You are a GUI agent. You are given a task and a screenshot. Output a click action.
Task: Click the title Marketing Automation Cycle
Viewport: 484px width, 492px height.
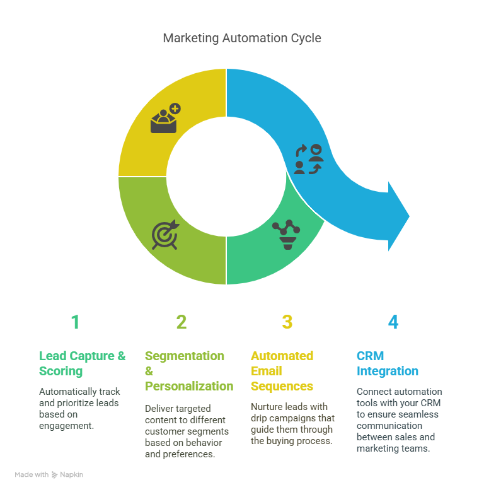[x=242, y=38]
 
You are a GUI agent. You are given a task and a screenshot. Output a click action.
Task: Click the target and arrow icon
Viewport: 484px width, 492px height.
[x=165, y=235]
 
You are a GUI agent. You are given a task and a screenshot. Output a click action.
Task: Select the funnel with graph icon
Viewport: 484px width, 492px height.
[x=286, y=235]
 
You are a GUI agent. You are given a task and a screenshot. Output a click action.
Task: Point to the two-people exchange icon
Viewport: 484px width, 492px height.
[x=309, y=159]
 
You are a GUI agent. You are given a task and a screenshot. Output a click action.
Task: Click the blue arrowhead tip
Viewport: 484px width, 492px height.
[x=409, y=216]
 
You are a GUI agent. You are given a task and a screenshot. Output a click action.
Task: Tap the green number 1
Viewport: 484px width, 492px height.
[x=75, y=322]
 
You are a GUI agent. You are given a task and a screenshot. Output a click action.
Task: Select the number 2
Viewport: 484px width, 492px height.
[x=181, y=322]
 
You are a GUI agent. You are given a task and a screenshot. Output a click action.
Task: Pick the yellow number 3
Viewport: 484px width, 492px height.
[x=287, y=322]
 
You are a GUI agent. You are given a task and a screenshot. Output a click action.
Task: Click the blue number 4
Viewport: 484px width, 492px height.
[x=393, y=322]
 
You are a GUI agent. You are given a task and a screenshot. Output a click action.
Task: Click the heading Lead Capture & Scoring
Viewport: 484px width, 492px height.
[x=82, y=363]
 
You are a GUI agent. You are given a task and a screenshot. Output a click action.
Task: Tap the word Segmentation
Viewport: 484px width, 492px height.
[x=184, y=356]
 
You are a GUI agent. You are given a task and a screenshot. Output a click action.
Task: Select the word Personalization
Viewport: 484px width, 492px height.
[x=189, y=386]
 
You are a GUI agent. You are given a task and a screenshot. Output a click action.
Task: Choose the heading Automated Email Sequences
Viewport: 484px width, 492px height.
[x=282, y=371]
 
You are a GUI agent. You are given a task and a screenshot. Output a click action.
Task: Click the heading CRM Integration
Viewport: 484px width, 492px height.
[x=388, y=363]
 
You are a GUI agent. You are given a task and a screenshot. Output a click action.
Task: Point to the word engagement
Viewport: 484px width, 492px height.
[x=66, y=426]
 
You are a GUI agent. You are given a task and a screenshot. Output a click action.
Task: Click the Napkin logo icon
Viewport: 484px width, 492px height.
[x=55, y=475]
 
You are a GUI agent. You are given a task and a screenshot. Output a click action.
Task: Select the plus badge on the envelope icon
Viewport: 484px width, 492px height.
[x=175, y=108]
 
